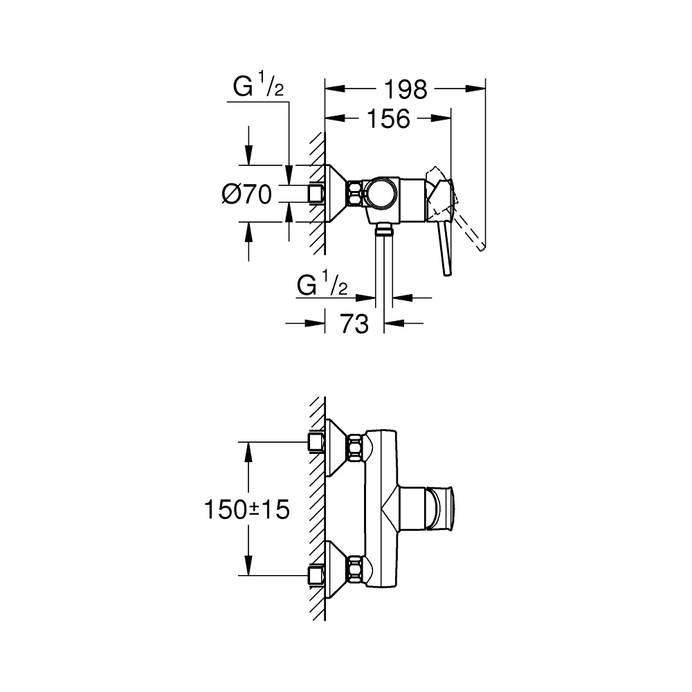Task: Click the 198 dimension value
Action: pos(406,89)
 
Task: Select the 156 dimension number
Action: pos(388,119)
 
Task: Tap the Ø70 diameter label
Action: pos(247,194)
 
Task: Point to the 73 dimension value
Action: pos(354,324)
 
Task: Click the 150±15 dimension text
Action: pos(247,509)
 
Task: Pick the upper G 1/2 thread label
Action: pos(258,86)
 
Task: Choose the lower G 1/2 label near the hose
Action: pos(322,284)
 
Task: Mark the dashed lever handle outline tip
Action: pos(482,248)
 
